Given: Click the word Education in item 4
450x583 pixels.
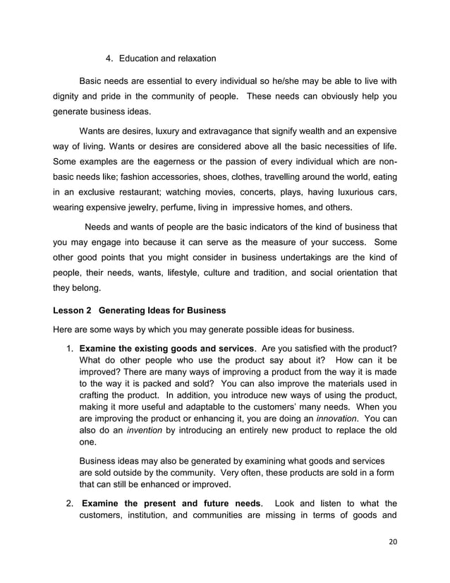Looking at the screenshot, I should point(139,58).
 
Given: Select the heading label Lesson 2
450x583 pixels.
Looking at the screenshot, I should point(72,310).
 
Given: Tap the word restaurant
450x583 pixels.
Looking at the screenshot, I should point(140,193).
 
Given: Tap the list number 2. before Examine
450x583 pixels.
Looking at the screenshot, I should point(71,504).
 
